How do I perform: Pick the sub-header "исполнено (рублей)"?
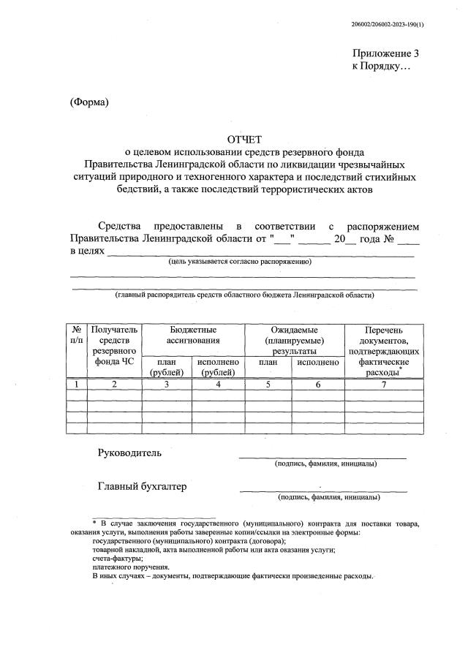pyautogui.click(x=218, y=367)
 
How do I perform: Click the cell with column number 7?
pyautogui.click(x=384, y=383)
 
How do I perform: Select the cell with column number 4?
pyautogui.click(x=218, y=383)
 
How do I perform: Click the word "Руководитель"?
pyautogui.click(x=130, y=453)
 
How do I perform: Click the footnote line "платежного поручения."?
pyautogui.click(x=131, y=567)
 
